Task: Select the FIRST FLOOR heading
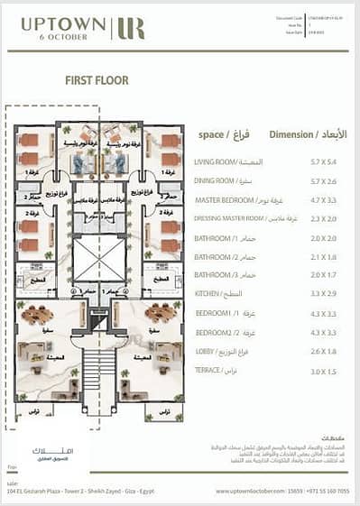click(x=96, y=80)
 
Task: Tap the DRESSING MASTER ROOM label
click(x=229, y=219)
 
